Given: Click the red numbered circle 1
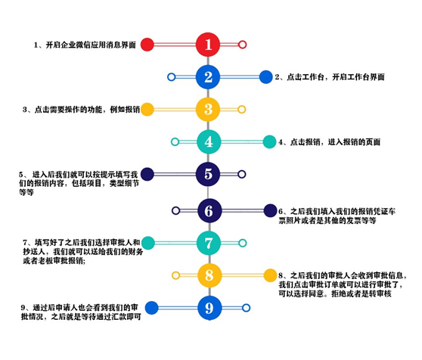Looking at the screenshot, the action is [208, 45].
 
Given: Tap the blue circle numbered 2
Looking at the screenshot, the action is [208, 77].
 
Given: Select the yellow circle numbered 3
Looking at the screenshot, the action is [208, 109].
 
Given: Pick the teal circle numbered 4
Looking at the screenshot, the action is [209, 141].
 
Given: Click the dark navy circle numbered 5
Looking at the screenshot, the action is [208, 174].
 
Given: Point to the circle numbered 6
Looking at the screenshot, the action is [209, 210].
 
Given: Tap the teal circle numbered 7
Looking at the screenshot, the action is [209, 243].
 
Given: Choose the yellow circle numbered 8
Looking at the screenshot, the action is [209, 275].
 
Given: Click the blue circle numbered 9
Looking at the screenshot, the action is [209, 308].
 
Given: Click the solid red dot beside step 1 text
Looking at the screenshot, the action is [147, 45].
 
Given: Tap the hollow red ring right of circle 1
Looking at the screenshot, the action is [242, 45].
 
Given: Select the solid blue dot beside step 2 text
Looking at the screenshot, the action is [266, 77].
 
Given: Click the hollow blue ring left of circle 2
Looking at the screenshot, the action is [171, 77].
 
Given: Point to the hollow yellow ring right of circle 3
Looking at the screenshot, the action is [242, 109].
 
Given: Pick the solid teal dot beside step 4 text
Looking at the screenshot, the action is [269, 141].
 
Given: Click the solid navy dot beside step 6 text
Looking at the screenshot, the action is [270, 210].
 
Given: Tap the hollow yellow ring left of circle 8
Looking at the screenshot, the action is [175, 275].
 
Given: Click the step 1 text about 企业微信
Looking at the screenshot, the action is [85, 45].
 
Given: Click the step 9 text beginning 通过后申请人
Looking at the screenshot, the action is [81, 312].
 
